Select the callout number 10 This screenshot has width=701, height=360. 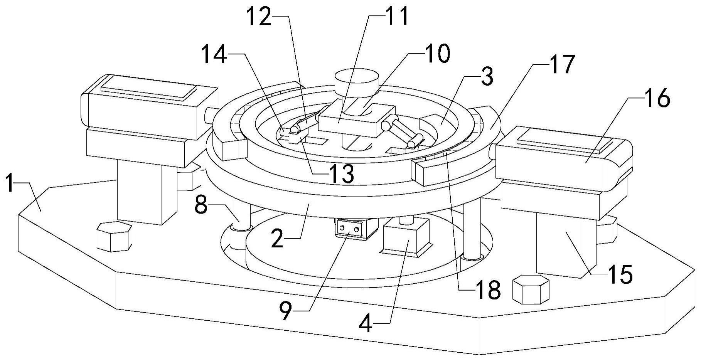pyautogui.click(x=437, y=54)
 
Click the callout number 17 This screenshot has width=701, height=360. pyautogui.click(x=561, y=64)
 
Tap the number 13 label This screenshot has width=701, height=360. pyautogui.click(x=341, y=174)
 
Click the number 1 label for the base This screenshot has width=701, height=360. pyautogui.click(x=11, y=185)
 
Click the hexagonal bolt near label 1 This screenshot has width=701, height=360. pyautogui.click(x=114, y=237)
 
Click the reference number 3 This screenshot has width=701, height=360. pyautogui.click(x=487, y=77)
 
